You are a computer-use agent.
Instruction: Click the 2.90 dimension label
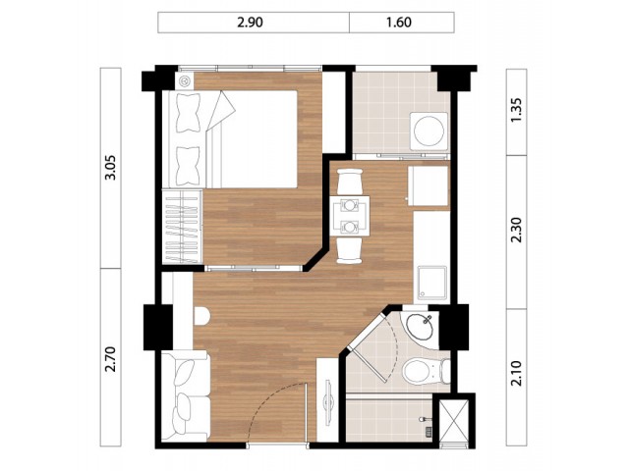(x=250, y=22)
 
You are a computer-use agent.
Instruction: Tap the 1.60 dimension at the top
(x=399, y=22)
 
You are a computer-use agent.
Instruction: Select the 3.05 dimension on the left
(x=110, y=168)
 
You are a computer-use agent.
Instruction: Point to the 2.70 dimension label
(x=110, y=359)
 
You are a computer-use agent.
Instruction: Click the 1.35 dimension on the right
(x=517, y=110)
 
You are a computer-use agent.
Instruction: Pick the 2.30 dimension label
(x=517, y=230)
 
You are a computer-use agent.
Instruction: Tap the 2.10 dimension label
(x=517, y=373)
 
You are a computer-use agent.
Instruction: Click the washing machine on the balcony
(x=429, y=131)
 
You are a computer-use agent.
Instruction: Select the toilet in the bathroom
(x=426, y=371)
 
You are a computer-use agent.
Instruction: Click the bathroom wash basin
(x=420, y=327)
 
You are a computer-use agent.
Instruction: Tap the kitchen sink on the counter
(x=432, y=283)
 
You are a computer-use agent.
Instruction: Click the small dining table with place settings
(x=350, y=216)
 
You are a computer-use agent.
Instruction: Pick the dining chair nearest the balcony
(x=350, y=182)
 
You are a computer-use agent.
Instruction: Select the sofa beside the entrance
(x=186, y=396)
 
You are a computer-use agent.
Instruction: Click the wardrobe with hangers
(x=182, y=227)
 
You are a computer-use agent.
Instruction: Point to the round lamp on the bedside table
(x=185, y=80)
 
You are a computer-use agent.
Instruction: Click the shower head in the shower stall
(x=424, y=419)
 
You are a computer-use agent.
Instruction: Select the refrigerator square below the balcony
(x=429, y=185)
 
